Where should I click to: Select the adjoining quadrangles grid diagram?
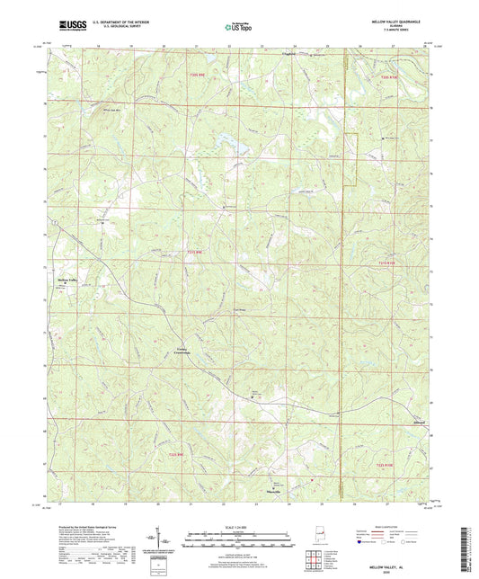coord(314,563)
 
